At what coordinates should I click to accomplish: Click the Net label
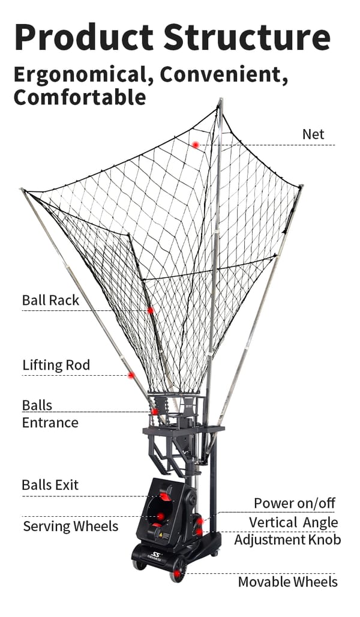(x=313, y=134)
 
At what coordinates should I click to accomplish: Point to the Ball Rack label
(x=50, y=300)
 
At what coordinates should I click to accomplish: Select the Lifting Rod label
(x=56, y=365)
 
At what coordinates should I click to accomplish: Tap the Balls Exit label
(x=50, y=485)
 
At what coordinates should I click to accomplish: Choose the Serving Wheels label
(x=70, y=527)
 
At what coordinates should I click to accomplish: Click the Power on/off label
(x=294, y=503)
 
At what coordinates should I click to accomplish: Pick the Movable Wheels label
(x=287, y=582)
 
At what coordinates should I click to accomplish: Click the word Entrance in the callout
(x=50, y=423)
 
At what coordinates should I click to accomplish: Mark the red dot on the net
(x=196, y=145)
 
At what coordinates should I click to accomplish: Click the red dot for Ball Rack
(x=151, y=310)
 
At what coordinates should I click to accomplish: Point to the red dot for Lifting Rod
(x=131, y=375)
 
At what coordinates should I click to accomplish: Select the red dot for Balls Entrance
(x=155, y=412)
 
